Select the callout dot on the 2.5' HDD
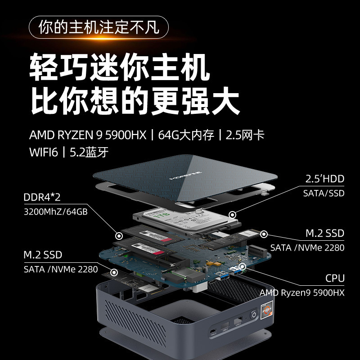[x=232, y=216]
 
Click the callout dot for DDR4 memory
[x=119, y=235]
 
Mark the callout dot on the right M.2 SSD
[x=264, y=234]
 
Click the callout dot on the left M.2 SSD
[x=114, y=273]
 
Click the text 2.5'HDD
[x=324, y=179]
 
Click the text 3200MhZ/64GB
[x=55, y=211]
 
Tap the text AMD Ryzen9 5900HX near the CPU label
[x=301, y=292]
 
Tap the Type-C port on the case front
[x=211, y=333]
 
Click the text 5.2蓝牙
[x=89, y=152]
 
